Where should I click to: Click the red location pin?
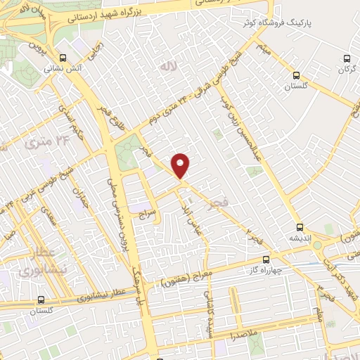point(181,165)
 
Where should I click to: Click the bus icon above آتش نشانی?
point(63,58)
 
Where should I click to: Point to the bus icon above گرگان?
point(345,58)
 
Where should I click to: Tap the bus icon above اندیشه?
point(300,226)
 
